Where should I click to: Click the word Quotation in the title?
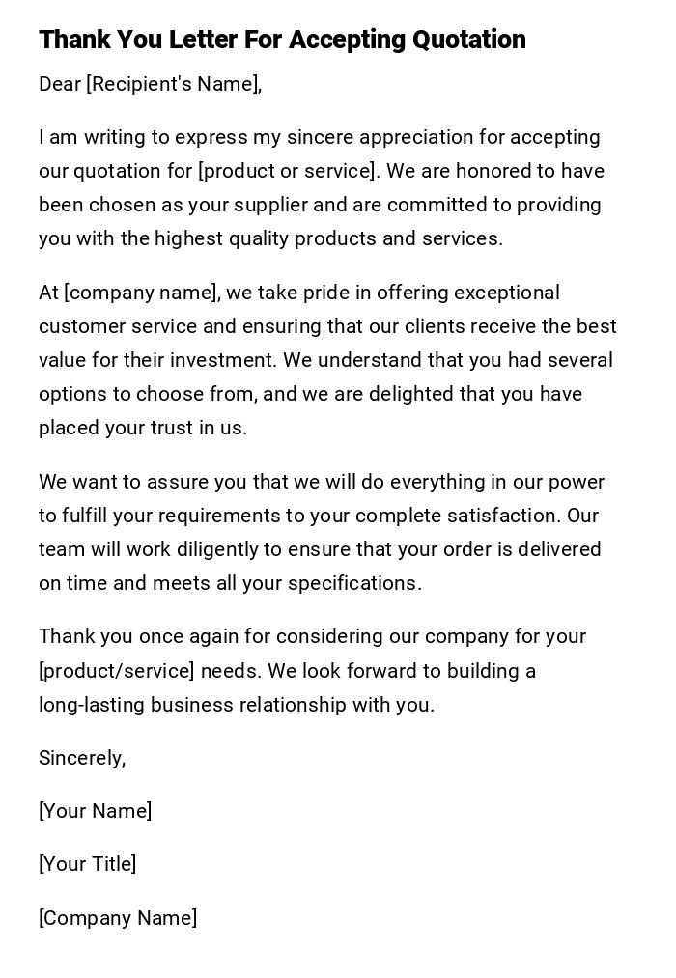469,40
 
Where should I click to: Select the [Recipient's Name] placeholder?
174,84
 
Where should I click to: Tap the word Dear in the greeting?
60,84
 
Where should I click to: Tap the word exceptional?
507,293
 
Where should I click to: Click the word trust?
173,428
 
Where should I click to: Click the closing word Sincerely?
82,758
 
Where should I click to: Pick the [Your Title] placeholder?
87,864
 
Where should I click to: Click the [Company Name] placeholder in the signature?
118,918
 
